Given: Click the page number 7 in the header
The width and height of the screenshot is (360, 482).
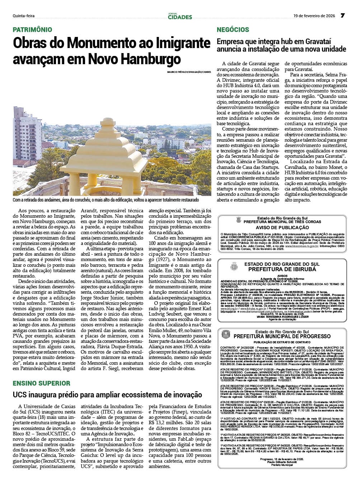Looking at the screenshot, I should (342, 16).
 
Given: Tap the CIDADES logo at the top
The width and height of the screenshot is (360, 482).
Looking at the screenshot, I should (180, 16).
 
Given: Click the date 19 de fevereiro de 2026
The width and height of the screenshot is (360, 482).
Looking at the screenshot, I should (314, 16).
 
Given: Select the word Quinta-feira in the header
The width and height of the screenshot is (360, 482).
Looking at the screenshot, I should (24, 16).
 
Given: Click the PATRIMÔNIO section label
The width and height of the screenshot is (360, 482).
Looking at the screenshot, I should (33, 30).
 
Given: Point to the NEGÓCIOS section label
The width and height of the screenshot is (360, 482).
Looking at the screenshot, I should (233, 30).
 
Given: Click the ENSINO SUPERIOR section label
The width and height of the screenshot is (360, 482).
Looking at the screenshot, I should (42, 383).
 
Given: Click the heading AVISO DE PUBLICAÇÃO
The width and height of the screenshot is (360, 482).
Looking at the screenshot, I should (282, 228).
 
